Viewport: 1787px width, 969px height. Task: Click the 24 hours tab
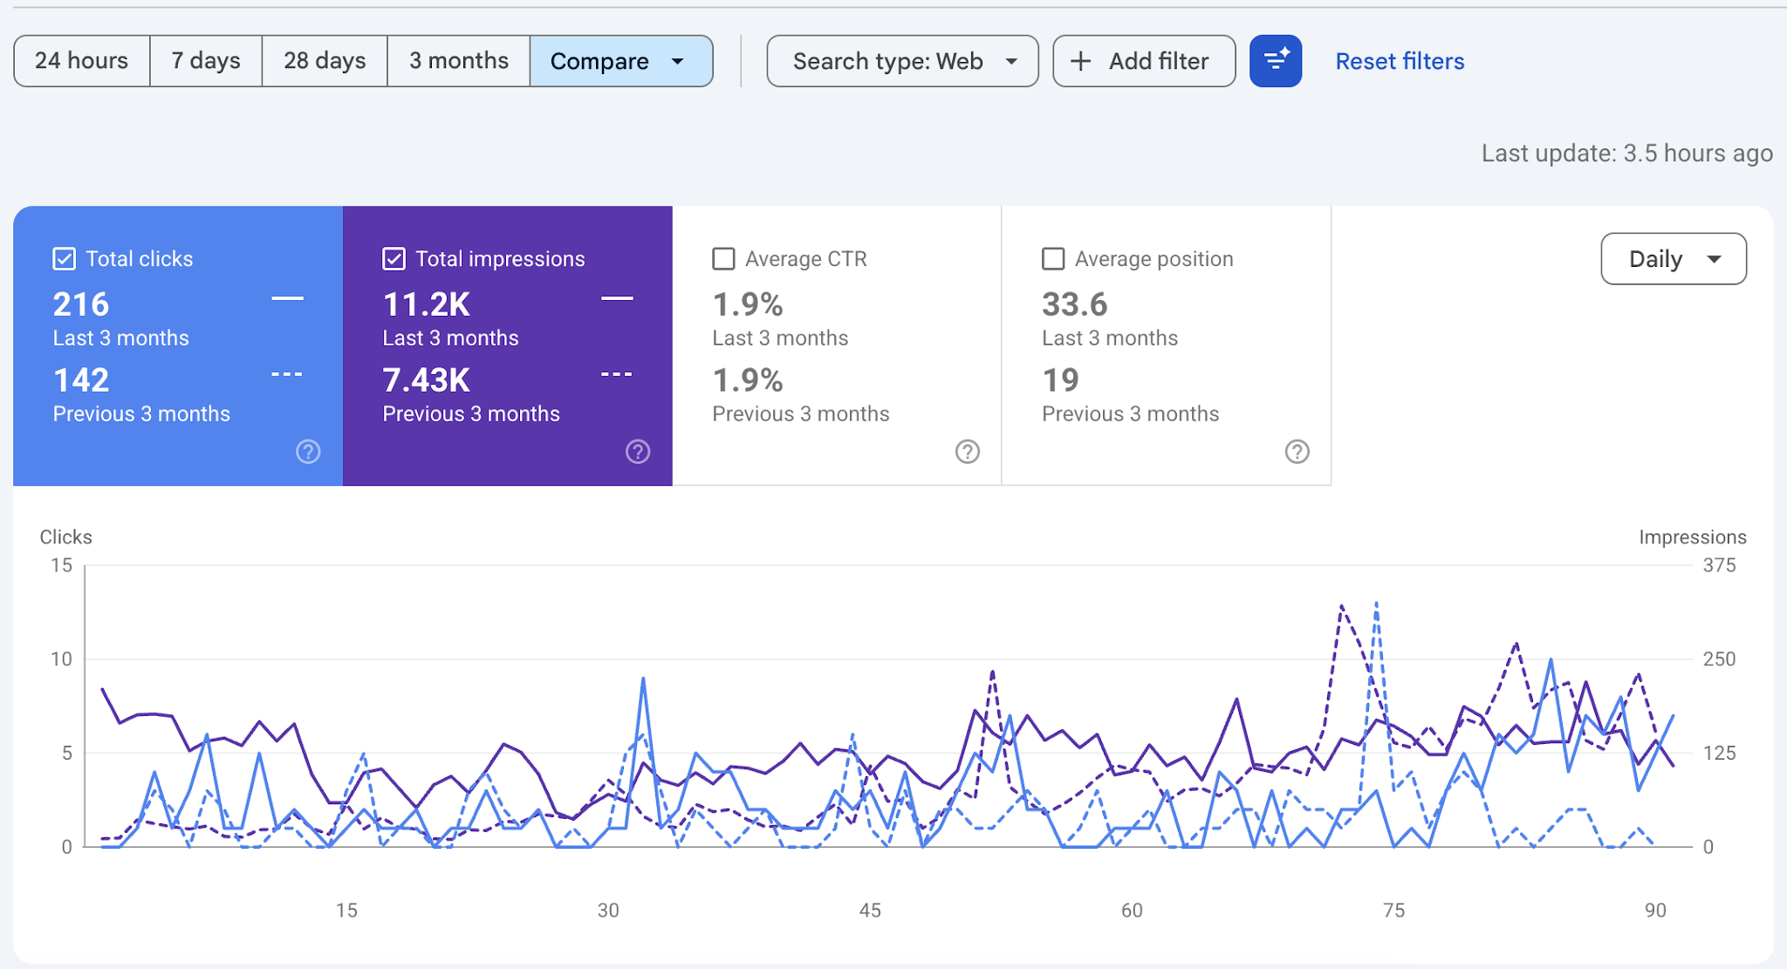[82, 61]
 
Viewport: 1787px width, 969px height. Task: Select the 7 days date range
[206, 61]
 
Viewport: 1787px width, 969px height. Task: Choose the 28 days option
[325, 61]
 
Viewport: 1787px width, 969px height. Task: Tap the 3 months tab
[459, 61]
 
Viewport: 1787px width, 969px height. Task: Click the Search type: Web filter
[902, 61]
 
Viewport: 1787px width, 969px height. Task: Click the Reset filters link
[1400, 61]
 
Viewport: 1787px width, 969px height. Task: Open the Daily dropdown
[1674, 259]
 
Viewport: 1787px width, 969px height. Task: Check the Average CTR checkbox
[723, 259]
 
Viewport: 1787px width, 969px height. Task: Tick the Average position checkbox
[1053, 259]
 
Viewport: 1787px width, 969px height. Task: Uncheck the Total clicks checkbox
[64, 259]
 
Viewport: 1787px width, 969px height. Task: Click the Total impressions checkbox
[394, 259]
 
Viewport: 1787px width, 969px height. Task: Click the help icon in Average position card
[1297, 452]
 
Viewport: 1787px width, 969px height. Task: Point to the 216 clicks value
[81, 304]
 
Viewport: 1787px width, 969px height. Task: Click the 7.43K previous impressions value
[427, 380]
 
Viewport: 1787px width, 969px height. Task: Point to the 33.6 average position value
[1075, 304]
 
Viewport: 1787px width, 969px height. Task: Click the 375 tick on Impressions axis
[1719, 565]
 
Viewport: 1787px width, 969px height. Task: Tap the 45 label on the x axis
[870, 911]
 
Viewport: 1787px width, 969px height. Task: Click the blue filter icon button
[1276, 61]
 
